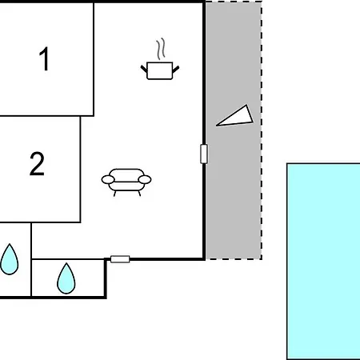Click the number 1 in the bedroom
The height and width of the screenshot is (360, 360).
pyautogui.click(x=44, y=58)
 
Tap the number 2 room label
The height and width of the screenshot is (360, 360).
pyautogui.click(x=37, y=164)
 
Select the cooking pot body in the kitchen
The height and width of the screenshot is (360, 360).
pyautogui.click(x=160, y=70)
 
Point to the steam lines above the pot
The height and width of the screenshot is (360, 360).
pyautogui.click(x=161, y=49)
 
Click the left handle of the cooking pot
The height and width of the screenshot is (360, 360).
pyautogui.click(x=144, y=69)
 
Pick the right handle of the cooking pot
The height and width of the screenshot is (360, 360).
pyautogui.click(x=176, y=70)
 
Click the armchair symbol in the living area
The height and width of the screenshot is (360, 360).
pyautogui.click(x=126, y=182)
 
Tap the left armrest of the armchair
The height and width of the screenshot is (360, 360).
pyautogui.click(x=108, y=179)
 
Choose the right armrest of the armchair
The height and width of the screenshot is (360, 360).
pyautogui.click(x=145, y=179)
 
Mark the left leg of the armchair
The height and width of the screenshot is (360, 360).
pyautogui.click(x=114, y=194)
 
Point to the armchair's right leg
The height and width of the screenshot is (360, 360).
pyautogui.click(x=139, y=194)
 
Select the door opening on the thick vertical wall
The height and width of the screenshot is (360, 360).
pyautogui.click(x=204, y=154)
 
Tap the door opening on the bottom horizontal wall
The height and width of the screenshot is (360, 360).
pyautogui.click(x=120, y=259)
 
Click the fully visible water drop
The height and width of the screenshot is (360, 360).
pyautogui.click(x=66, y=278)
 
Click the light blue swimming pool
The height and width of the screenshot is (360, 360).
pyautogui.click(x=323, y=262)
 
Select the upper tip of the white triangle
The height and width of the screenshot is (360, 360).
pyautogui.click(x=246, y=105)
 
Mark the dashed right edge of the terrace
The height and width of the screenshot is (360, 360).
pyautogui.click(x=262, y=130)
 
